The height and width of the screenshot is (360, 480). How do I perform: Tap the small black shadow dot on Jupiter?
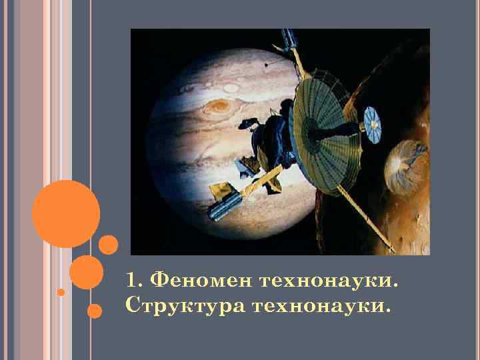pos(266,65)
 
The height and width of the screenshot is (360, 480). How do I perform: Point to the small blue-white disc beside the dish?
pos(374,122)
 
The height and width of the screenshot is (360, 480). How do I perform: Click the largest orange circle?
pos(66,214)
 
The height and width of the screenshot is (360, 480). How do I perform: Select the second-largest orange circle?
pos(86,272)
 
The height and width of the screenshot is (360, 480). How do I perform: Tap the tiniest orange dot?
pos(61,292)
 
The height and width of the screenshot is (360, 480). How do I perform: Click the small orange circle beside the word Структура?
pos(95,311)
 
